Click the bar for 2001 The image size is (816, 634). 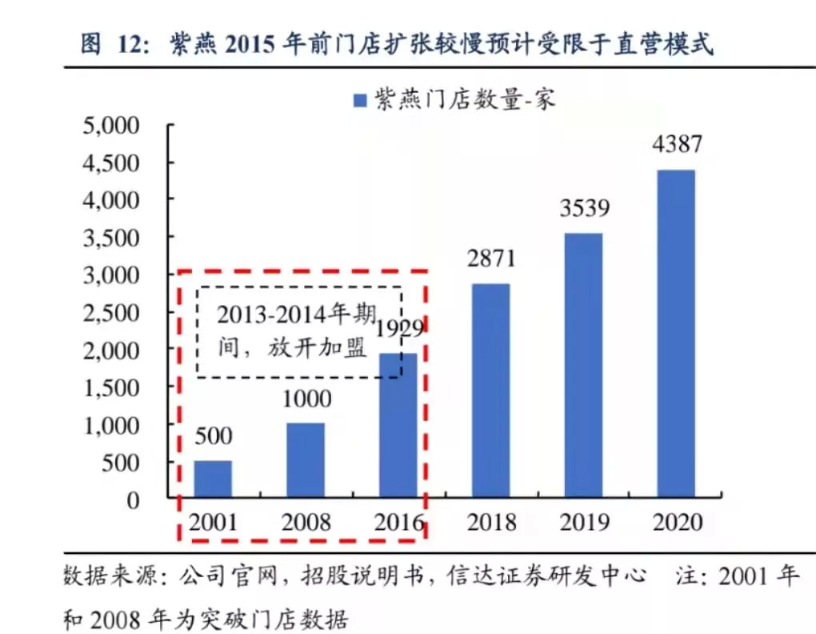(213, 479)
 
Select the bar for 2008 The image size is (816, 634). (306, 459)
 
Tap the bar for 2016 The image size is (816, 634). (398, 425)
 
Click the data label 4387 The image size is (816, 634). (676, 145)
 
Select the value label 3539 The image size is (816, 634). (583, 209)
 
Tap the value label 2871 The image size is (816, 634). (490, 259)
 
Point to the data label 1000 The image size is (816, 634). (306, 399)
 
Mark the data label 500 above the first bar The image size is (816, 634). (213, 436)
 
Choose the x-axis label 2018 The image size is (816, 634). (490, 523)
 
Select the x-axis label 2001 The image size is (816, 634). (213, 523)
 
